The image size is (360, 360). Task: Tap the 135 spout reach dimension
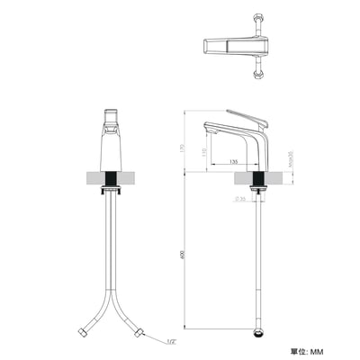coord(234,162)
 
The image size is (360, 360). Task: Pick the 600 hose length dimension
coord(182,254)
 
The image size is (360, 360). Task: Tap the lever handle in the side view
coord(248,117)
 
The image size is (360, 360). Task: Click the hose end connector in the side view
coord(259,330)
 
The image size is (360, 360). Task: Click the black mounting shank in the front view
coord(112,179)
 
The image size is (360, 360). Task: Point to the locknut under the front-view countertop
coord(112,193)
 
